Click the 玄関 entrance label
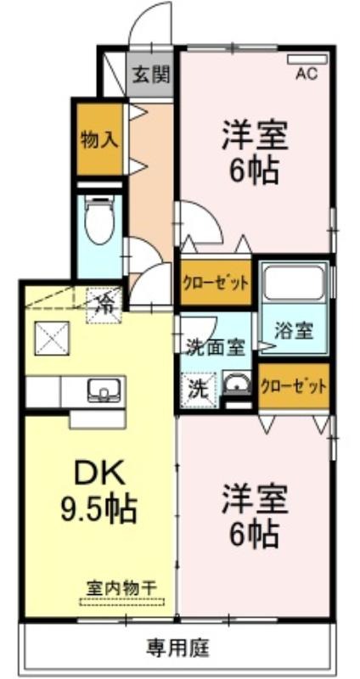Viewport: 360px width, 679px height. (151, 76)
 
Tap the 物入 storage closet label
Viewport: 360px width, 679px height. (99, 140)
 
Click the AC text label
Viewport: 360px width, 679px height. (307, 74)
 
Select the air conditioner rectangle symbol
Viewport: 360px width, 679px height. (307, 59)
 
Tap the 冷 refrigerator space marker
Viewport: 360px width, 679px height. (104, 306)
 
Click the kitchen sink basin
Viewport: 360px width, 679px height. (104, 390)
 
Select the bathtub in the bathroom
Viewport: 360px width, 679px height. (294, 283)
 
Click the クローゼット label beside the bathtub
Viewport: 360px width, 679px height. (216, 283)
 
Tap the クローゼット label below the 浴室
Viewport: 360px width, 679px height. (293, 386)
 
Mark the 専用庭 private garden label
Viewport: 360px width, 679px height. (178, 648)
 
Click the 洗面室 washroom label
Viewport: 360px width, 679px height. (216, 346)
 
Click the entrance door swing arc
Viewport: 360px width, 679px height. (145, 14)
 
